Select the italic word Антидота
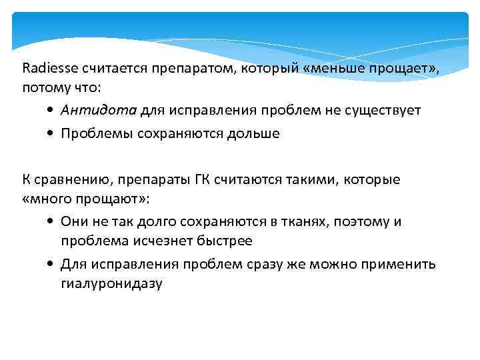pyautogui.click(x=99, y=110)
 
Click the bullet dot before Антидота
pyautogui.click(x=51, y=111)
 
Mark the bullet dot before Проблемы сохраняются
pyautogui.click(x=51, y=134)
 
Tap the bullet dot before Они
pyautogui.click(x=51, y=222)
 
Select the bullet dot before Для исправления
pyautogui.click(x=51, y=265)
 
